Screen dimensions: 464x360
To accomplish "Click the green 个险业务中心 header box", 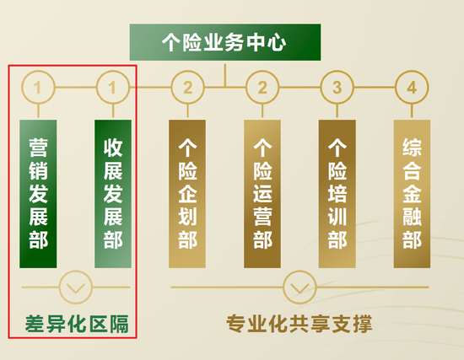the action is [x=225, y=42].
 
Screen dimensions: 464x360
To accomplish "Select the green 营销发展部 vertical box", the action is [x=38, y=194].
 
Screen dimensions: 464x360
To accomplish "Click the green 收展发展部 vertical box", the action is [x=113, y=194].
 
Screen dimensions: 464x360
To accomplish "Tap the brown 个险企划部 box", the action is [x=187, y=194].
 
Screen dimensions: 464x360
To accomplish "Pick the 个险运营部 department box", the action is [x=262, y=194].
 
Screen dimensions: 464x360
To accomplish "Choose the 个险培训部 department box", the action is [x=337, y=194].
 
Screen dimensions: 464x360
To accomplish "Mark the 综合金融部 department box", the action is [x=412, y=194].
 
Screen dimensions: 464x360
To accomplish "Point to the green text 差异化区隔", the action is [x=77, y=324].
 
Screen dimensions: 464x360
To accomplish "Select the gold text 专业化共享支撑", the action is [x=299, y=324].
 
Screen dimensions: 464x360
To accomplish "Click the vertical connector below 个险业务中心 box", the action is [x=225, y=75].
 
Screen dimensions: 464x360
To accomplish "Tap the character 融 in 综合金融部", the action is [x=412, y=217].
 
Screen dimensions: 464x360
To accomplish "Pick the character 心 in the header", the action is [x=277, y=43].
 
